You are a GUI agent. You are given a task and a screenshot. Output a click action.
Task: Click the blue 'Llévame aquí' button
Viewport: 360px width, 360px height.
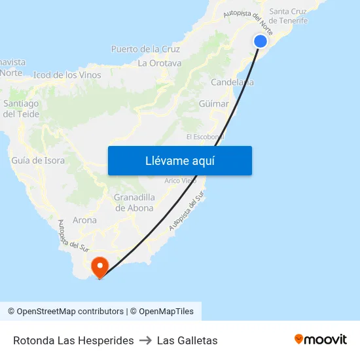[x=179, y=160]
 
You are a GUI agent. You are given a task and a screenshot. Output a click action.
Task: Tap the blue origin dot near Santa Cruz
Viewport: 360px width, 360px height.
[x=260, y=41]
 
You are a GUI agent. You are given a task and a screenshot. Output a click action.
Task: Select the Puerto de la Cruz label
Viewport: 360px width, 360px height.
[x=145, y=49]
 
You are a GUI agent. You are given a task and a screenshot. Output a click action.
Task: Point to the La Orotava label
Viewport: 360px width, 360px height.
[x=160, y=63]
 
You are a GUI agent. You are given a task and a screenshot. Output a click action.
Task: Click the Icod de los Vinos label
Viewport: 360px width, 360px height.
[x=67, y=75]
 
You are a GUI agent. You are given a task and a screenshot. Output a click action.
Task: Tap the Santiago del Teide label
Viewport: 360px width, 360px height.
[x=21, y=109]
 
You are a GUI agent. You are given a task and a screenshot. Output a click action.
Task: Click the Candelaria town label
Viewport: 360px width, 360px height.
[x=232, y=82]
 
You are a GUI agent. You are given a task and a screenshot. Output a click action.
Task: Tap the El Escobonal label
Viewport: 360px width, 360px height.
[x=206, y=137]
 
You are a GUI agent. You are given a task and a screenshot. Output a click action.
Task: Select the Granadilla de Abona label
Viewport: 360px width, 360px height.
[x=134, y=203]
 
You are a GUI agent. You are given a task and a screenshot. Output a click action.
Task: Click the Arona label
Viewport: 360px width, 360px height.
[x=85, y=221]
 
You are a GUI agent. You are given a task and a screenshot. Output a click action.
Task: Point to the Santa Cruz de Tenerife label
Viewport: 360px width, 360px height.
[x=289, y=16]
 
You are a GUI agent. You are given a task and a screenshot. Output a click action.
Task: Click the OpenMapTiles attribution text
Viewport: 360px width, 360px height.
[x=166, y=312]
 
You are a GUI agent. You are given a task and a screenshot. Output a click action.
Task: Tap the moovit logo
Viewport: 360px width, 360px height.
[x=321, y=339]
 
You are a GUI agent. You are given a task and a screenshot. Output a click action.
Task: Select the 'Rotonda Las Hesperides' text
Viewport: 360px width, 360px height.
[x=73, y=340]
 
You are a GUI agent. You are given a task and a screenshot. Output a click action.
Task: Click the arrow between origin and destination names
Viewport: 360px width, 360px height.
[x=145, y=340]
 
